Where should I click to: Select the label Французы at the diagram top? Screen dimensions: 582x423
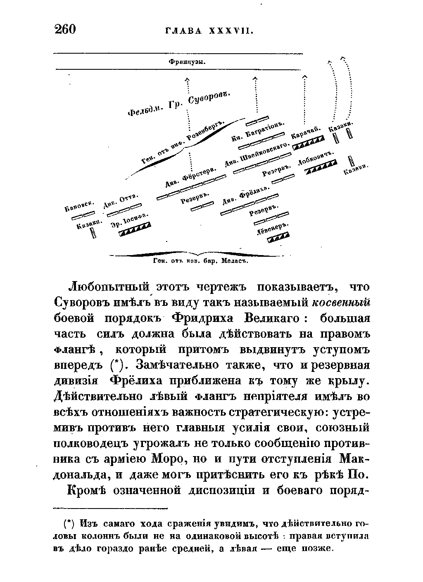click(188, 62)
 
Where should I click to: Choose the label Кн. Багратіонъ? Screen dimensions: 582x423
click(259, 132)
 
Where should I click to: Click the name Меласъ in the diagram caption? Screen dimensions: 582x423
click(234, 261)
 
